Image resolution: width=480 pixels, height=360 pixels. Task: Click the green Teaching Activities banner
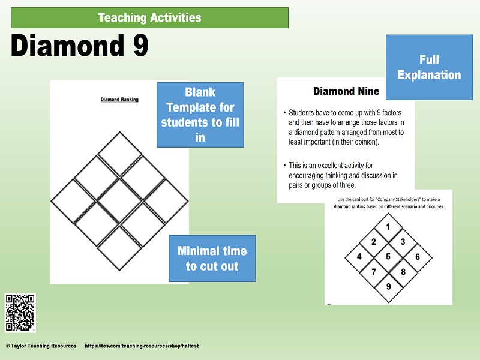point(149,17)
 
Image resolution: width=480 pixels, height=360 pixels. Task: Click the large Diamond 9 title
point(80,46)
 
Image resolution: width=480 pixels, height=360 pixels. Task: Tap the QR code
point(20,313)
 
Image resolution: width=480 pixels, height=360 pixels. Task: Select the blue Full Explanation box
point(429,67)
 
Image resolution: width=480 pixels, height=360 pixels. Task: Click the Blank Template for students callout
point(200,115)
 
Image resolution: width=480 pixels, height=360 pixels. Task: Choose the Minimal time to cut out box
point(212,259)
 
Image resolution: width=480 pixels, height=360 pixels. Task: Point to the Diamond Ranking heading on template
point(119,100)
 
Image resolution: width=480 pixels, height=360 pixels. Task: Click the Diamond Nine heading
point(346,91)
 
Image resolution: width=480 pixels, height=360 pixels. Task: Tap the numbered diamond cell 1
point(388,227)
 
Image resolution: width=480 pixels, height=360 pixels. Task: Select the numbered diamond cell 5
point(388,257)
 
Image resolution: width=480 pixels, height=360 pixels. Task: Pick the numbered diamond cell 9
point(388,286)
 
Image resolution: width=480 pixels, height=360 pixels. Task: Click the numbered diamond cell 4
point(359,257)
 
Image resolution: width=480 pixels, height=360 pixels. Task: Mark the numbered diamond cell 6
point(418,257)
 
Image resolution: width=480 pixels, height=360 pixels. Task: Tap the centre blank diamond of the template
point(119,200)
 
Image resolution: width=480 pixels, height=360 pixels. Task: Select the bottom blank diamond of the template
point(119,246)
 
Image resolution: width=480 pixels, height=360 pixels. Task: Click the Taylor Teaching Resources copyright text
point(41,346)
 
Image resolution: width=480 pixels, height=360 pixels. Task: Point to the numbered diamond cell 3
point(403,242)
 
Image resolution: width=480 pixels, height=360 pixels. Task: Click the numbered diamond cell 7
point(374,272)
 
